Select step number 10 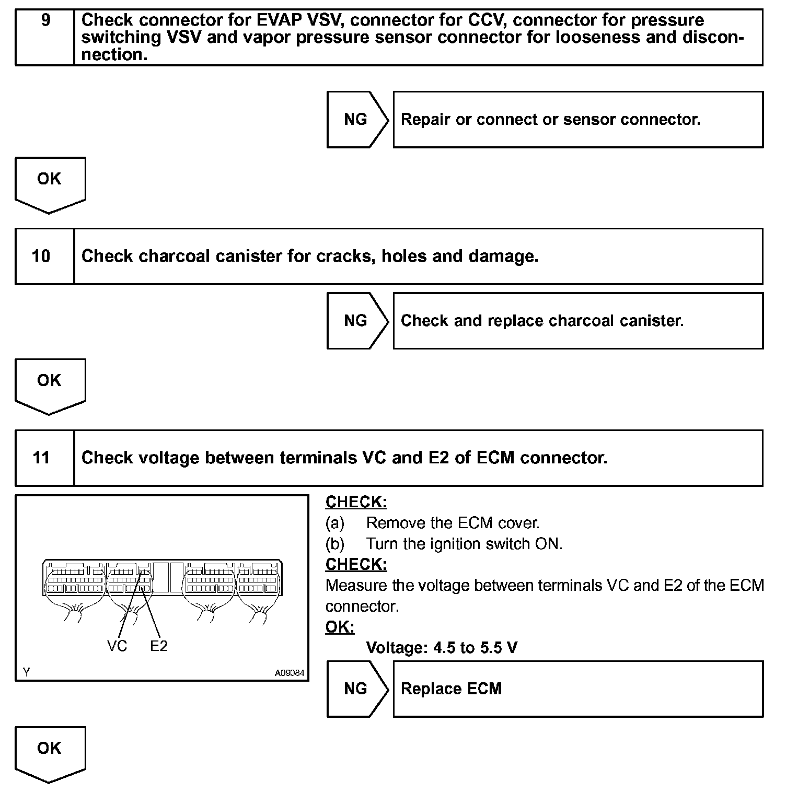tap(41, 256)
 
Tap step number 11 tap(41, 458)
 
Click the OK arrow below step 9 tap(50, 183)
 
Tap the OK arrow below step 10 tap(50, 384)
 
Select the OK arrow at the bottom tap(50, 752)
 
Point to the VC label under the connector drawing tap(117, 646)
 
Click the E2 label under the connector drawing tap(159, 646)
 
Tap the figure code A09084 tap(289, 673)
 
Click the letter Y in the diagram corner tap(26, 673)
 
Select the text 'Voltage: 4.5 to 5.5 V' tap(442, 648)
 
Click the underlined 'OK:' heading tap(340, 627)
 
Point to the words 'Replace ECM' tap(451, 689)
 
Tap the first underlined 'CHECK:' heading tap(356, 502)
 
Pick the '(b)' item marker tap(335, 544)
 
